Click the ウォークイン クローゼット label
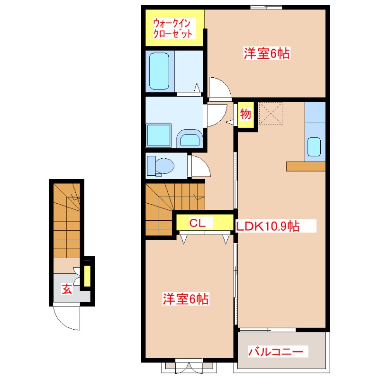173,28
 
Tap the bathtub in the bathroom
159,71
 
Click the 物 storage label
245,115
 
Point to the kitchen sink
314,146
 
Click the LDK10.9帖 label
268,226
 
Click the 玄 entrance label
67,289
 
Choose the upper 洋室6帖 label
266,54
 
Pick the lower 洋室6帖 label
186,299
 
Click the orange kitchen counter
306,166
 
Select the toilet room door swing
198,166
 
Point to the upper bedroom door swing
219,88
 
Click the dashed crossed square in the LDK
271,114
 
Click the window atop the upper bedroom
266,7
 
